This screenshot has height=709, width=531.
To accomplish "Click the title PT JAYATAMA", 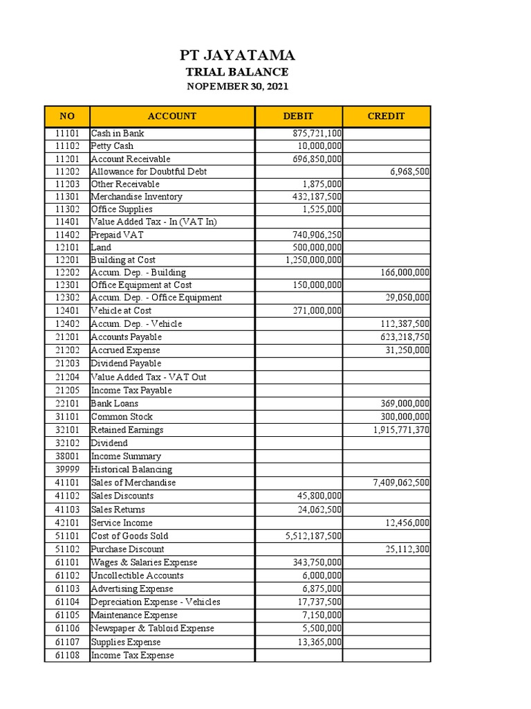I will point(236,55).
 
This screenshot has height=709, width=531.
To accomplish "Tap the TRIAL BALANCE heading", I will point(236,72).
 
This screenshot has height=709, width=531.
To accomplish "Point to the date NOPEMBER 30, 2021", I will point(237,87).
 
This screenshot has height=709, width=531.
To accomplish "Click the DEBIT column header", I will point(298,116).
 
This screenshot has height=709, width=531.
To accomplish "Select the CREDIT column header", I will point(386,116).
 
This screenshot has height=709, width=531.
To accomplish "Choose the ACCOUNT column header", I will point(172,116).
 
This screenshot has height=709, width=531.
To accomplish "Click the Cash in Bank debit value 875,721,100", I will point(313,133).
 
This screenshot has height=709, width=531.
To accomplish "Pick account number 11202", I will point(67,171).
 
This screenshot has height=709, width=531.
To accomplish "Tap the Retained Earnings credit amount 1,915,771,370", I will point(401,430).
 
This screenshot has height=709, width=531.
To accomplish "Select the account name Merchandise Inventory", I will point(137,197).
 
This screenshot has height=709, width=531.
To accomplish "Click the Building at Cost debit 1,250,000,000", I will point(313,260).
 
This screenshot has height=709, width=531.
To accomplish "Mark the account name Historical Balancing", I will point(131,469).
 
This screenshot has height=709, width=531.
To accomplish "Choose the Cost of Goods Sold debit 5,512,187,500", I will point(313,536).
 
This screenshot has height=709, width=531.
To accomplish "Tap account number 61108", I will point(67,655).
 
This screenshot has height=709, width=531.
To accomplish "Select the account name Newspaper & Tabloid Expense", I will point(153,629).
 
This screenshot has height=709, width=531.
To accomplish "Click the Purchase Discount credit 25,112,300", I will point(407,549).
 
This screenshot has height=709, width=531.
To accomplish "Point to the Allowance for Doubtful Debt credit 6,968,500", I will point(410,171).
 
